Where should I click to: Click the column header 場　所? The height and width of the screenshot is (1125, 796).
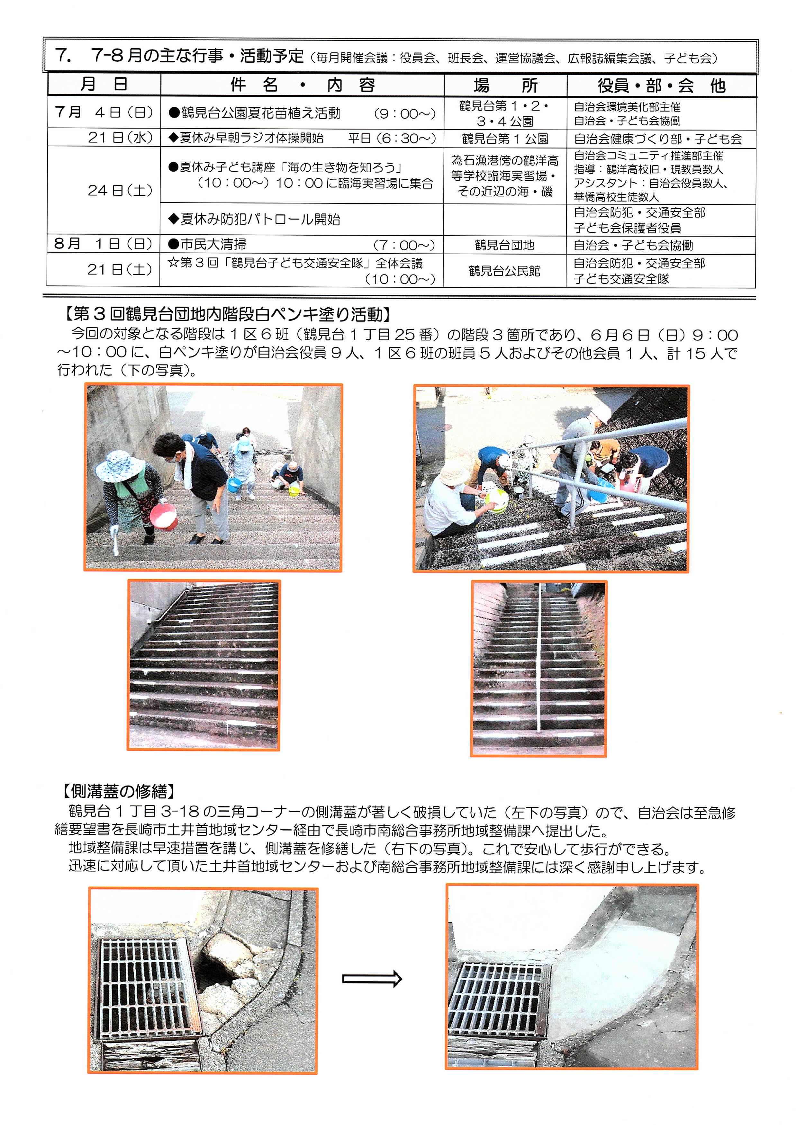coord(505,85)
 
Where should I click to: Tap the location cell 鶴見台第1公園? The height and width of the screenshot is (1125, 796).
coord(505,139)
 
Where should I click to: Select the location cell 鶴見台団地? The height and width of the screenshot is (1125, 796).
coord(504,245)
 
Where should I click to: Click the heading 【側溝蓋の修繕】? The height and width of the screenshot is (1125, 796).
coord(118,791)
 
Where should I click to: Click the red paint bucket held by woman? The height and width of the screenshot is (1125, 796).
coord(163,517)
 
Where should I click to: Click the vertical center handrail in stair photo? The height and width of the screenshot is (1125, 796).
coord(539,657)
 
